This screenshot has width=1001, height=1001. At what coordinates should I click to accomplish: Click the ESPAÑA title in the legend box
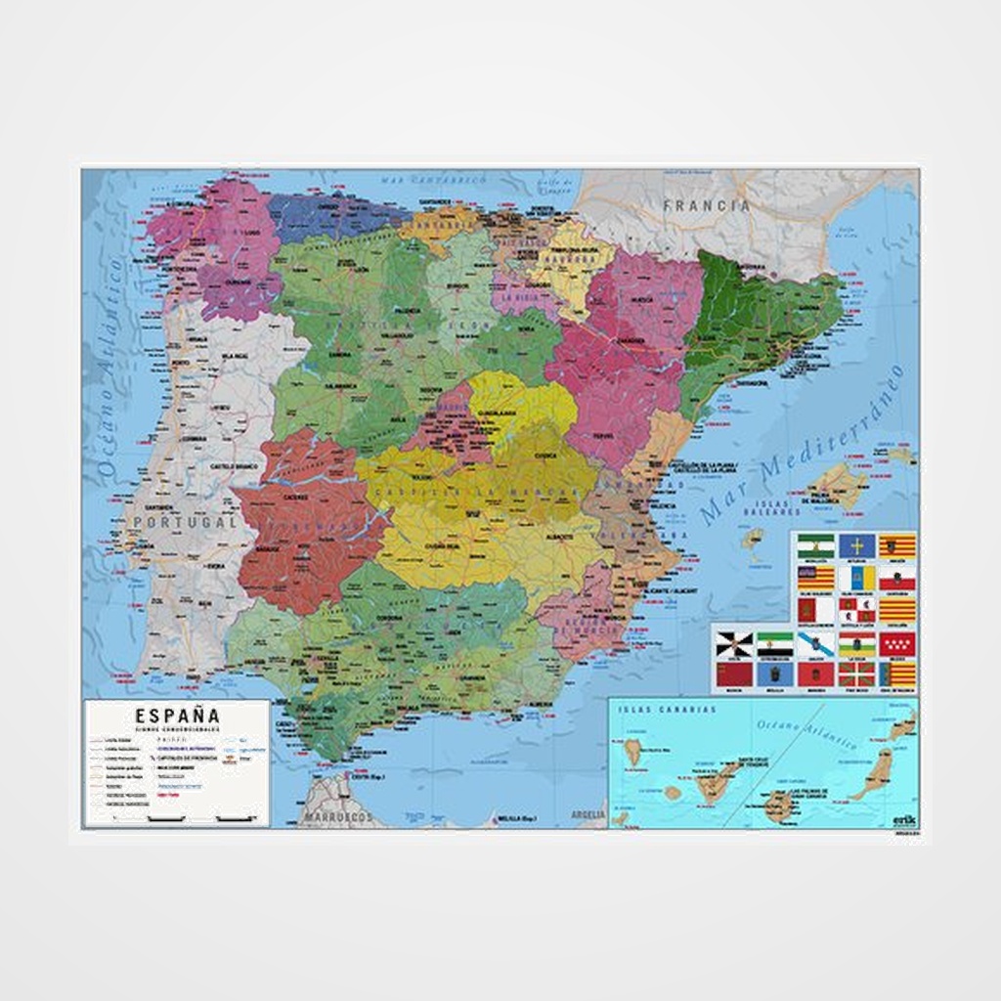click(178, 716)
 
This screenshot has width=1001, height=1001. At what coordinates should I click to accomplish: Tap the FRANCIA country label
click(707, 206)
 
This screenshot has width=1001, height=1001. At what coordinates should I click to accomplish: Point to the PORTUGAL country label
click(185, 523)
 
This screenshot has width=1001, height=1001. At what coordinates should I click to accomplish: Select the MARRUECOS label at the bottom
click(337, 814)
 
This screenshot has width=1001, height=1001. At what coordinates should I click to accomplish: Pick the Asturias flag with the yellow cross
click(856, 545)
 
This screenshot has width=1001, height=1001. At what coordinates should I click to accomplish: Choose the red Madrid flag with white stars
click(896, 643)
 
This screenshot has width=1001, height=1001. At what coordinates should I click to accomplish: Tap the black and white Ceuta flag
click(731, 643)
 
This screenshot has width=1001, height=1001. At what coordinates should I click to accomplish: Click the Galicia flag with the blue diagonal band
click(814, 643)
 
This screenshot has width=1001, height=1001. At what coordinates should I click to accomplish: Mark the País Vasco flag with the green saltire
click(856, 674)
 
